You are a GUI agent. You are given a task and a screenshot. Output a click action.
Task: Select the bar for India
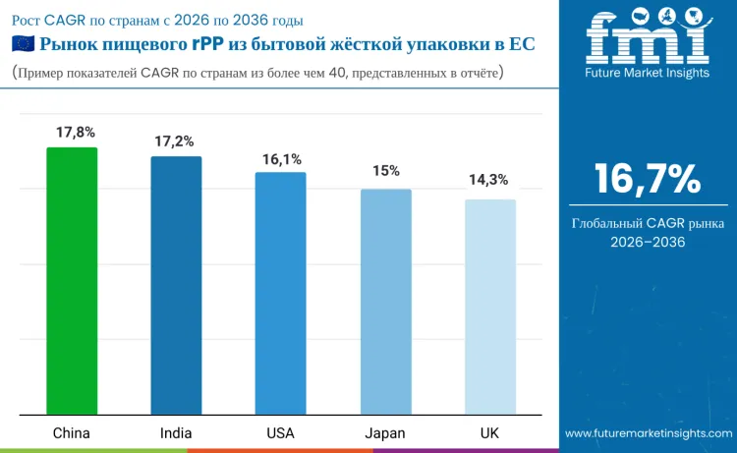click(176, 285)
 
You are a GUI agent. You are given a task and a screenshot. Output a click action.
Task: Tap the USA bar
click(280, 293)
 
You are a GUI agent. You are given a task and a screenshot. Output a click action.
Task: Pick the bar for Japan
click(385, 301)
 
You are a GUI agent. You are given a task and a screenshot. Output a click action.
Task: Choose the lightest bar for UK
click(489, 307)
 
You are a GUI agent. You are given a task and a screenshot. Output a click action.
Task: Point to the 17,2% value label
click(176, 142)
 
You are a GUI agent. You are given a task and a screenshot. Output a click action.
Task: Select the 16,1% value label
click(280, 158)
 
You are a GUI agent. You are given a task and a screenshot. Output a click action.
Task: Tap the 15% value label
click(385, 171)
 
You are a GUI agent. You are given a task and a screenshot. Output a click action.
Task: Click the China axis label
click(72, 432)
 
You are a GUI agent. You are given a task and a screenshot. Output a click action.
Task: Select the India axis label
click(176, 432)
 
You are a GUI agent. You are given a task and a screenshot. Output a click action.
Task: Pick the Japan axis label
click(385, 432)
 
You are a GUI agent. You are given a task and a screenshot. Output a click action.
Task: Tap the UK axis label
click(489, 432)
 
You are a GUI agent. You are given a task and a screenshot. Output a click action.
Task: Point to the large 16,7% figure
click(647, 179)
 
